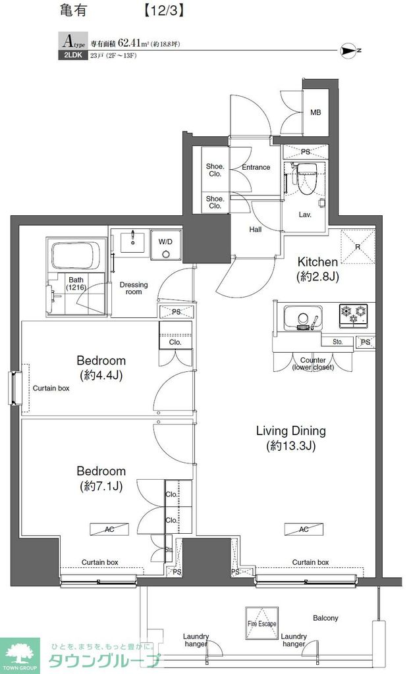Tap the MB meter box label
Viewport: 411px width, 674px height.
[315, 113]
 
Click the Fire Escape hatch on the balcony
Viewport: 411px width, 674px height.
[262, 622]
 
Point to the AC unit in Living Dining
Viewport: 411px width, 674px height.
[304, 529]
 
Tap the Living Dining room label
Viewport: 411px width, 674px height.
[290, 431]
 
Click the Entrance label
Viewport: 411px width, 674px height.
[256, 167]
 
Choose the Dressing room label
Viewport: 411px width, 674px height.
[134, 288]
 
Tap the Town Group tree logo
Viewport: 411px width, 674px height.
[20, 651]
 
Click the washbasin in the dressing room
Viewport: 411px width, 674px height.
[134, 241]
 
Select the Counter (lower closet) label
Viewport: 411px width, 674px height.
[313, 363]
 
